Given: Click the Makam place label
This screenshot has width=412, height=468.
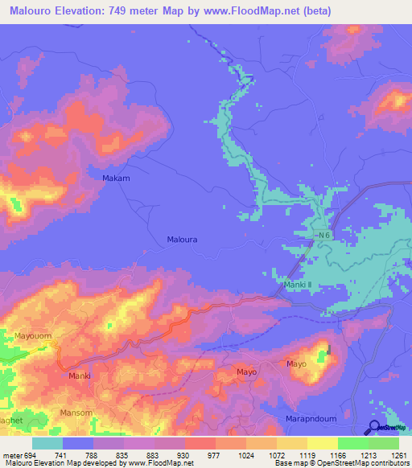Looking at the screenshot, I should [x=116, y=178].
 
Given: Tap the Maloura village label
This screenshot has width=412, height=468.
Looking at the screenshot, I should [x=182, y=240].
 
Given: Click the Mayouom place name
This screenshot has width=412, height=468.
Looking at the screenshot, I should [x=33, y=335].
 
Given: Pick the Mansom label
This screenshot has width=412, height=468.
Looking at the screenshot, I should [x=76, y=413].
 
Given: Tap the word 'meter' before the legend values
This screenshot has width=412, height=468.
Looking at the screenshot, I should [x=11, y=455].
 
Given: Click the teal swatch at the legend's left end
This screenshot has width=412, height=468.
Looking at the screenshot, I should [x=47, y=443].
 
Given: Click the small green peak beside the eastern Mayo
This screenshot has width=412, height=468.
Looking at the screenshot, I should [x=328, y=351].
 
